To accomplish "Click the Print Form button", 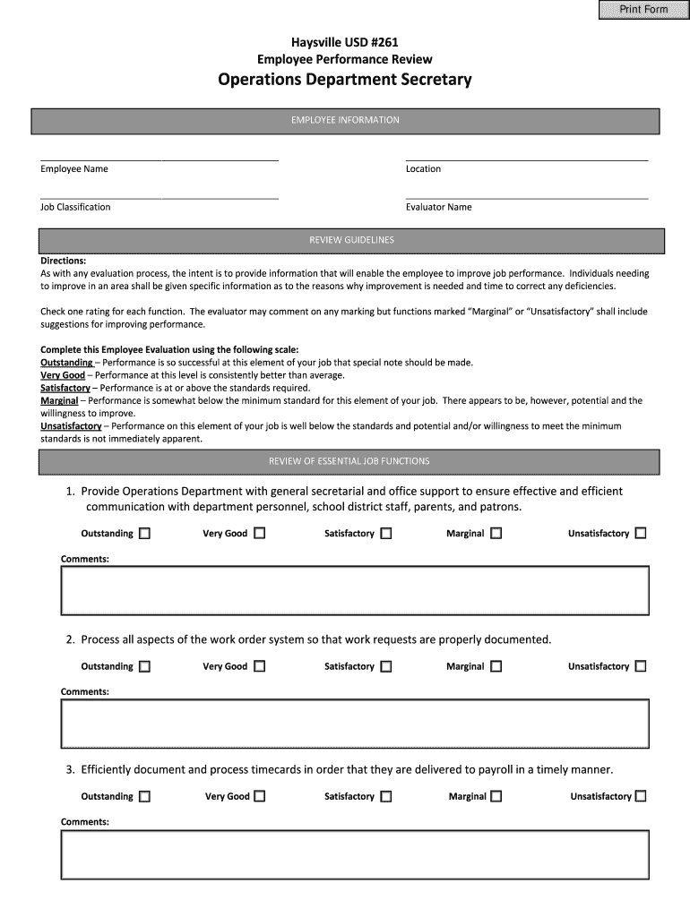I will (643, 10).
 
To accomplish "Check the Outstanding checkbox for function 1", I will (144, 534).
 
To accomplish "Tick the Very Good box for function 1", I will (259, 534).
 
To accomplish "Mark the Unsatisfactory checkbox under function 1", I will (641, 534).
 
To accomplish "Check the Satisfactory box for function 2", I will (386, 666).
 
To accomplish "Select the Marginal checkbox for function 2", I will (496, 666).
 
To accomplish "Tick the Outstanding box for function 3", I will (144, 796).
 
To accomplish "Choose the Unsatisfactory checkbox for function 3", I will (641, 796).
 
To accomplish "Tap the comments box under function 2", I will (354, 724).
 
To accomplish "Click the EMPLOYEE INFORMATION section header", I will (345, 120).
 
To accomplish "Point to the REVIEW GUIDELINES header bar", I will (351, 241).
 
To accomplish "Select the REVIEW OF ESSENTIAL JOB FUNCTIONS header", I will (349, 461).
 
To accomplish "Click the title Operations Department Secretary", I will (345, 81).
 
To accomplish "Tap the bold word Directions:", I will (64, 261).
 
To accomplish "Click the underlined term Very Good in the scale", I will (63, 375).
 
